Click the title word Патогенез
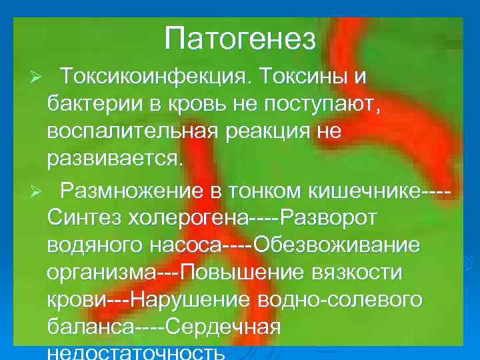(239, 39)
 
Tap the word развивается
(113, 160)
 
